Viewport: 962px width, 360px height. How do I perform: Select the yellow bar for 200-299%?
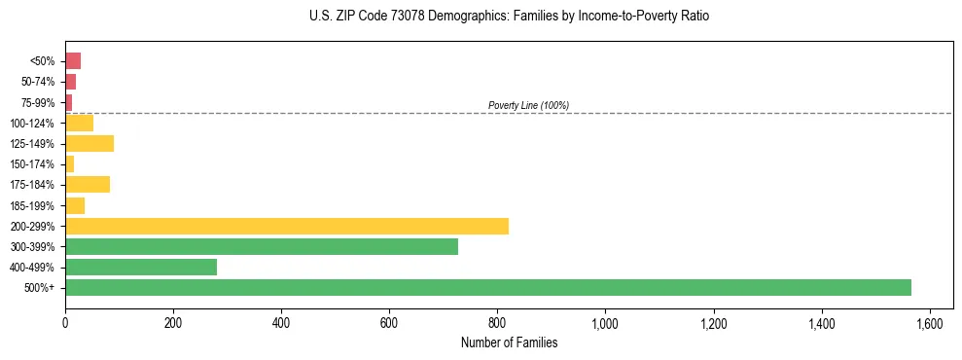pos(287,226)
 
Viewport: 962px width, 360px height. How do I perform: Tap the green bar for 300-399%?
pos(262,246)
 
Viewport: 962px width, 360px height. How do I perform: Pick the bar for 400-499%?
pos(141,267)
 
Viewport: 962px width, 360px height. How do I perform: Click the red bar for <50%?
pos(73,60)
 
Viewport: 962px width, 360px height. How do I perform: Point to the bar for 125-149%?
pos(89,143)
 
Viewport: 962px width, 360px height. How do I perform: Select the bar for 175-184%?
pos(88,184)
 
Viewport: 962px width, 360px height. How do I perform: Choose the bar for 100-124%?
pos(79,123)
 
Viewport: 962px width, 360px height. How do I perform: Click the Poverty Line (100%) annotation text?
pos(528,105)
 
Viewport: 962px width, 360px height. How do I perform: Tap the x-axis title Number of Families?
pos(509,342)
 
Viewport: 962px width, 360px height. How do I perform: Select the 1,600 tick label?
pos(930,323)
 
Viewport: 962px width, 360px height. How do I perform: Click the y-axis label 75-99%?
pos(38,102)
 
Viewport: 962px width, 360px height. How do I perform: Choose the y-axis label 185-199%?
pos(33,205)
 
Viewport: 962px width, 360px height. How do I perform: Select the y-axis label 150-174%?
pos(33,164)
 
